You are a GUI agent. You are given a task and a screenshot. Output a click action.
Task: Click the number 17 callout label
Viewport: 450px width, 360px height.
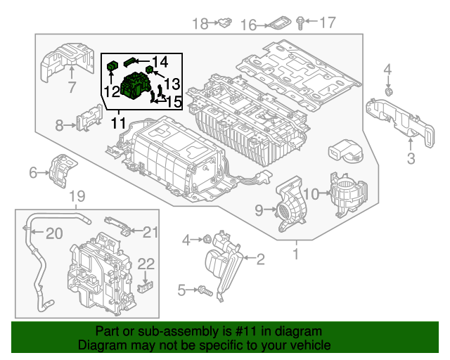[x=328, y=24]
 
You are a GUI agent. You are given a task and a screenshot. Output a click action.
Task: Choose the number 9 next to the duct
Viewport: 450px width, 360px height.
[x=259, y=209]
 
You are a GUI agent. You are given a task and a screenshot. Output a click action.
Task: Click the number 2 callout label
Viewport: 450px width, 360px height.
[x=259, y=260]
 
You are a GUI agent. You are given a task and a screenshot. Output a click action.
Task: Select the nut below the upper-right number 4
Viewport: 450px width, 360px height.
[x=388, y=91]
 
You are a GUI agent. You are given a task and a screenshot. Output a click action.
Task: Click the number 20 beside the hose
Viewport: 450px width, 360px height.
[x=54, y=233]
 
